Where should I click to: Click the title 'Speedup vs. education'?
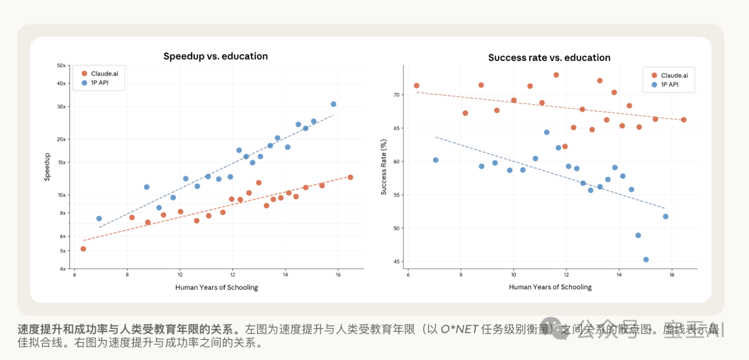click(x=215, y=56)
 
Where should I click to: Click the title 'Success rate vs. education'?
click(x=549, y=58)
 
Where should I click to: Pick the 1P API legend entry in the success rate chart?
click(x=664, y=85)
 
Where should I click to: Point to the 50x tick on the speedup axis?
click(x=62, y=65)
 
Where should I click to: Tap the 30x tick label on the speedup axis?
click(x=62, y=106)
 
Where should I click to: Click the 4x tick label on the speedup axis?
click(x=63, y=268)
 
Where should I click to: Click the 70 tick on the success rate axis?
click(x=397, y=94)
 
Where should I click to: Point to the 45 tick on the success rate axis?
click(x=397, y=262)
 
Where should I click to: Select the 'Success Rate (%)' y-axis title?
click(x=384, y=167)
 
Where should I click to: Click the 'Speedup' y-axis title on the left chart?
click(x=47, y=166)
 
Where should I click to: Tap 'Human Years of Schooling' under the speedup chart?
click(x=217, y=287)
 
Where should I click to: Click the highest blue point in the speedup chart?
click(x=334, y=104)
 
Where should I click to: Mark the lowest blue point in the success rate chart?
click(x=646, y=259)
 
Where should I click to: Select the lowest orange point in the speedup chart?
click(x=83, y=248)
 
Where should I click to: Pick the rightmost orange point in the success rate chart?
click(x=683, y=120)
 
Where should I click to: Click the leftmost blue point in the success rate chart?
click(x=436, y=160)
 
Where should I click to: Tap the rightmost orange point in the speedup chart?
click(x=350, y=177)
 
